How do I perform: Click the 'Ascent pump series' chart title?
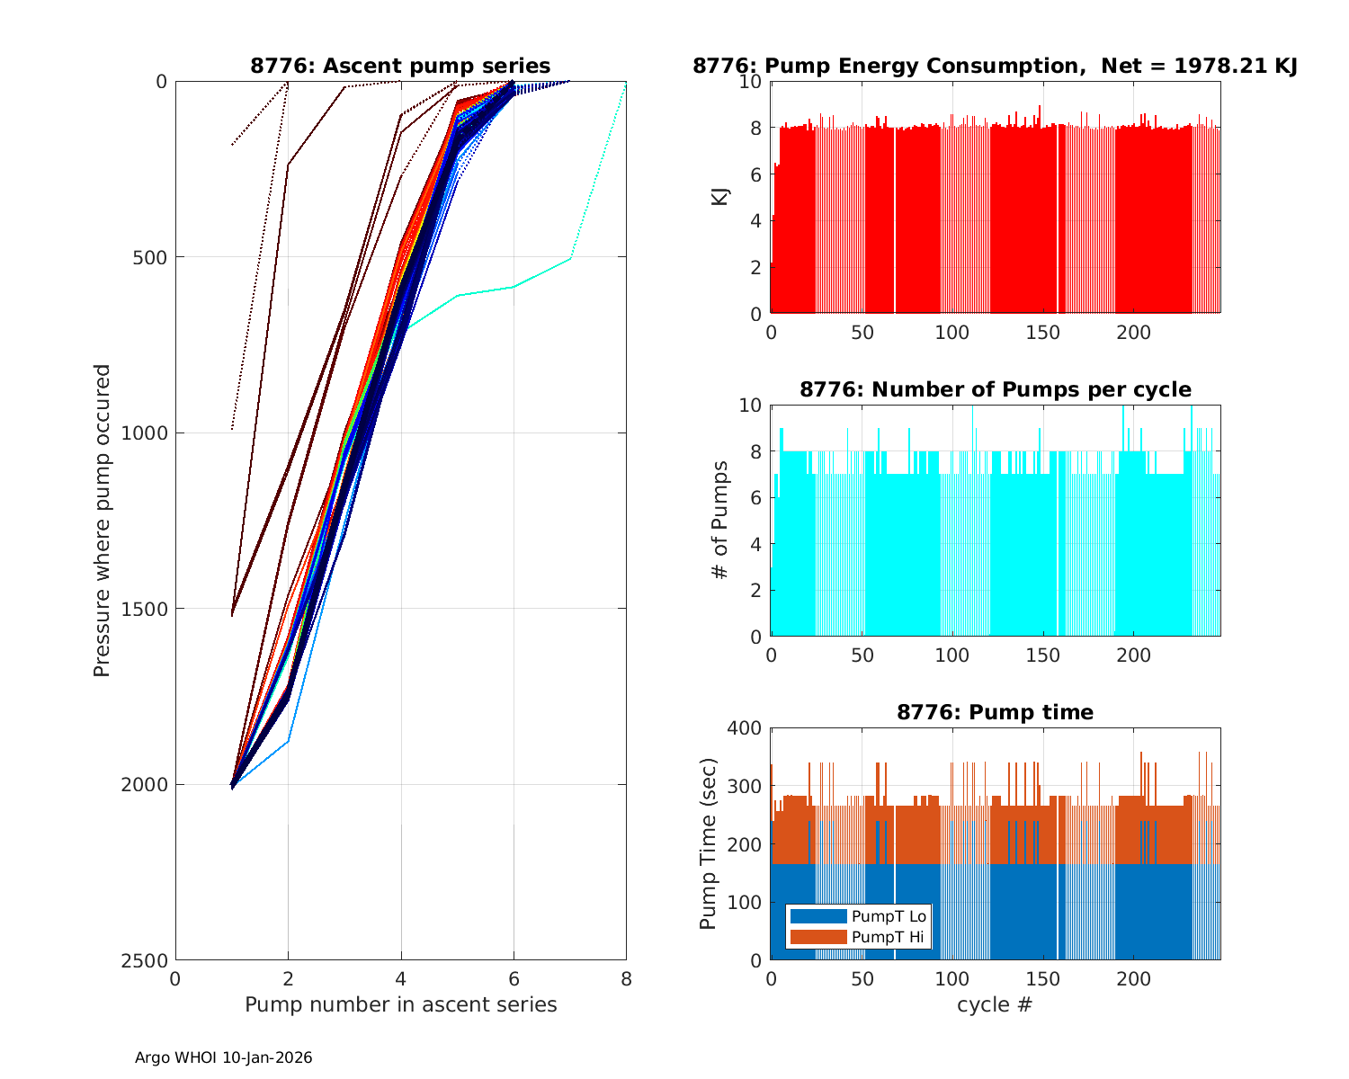(400, 66)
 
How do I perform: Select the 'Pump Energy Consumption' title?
(995, 66)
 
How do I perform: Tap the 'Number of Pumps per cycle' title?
(995, 389)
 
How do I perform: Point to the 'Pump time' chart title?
(995, 712)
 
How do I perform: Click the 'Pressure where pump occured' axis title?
(102, 520)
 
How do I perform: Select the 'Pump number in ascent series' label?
(400, 1004)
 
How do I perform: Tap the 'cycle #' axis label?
(995, 1004)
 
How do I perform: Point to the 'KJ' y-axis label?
(719, 197)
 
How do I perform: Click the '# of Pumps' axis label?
(719, 520)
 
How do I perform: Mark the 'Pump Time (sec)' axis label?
(709, 843)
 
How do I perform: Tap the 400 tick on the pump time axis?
(746, 728)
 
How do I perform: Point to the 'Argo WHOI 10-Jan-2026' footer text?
(223, 1057)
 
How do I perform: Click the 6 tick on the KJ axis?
(755, 174)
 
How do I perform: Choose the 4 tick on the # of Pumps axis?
(755, 544)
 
